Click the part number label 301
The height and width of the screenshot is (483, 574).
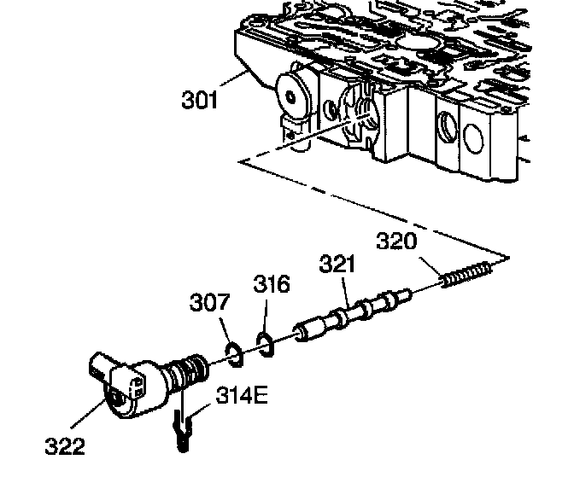click(200, 100)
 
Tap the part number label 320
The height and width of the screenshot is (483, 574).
click(397, 241)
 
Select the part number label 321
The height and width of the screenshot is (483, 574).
click(337, 265)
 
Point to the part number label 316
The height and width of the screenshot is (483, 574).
click(271, 285)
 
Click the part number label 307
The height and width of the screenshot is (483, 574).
click(209, 302)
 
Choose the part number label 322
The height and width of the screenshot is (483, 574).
click(64, 446)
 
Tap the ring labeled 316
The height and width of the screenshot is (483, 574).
click(266, 343)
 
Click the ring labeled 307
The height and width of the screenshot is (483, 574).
click(233, 352)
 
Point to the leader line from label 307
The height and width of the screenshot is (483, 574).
click(224, 329)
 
